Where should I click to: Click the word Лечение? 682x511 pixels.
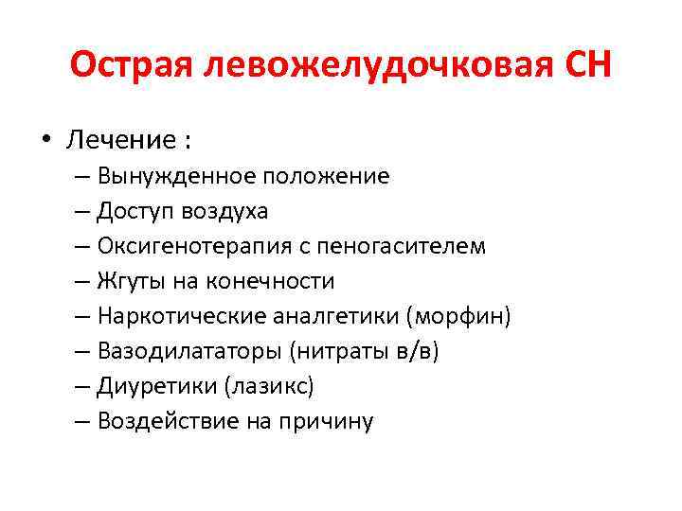118,141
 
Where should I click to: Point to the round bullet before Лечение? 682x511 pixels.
45,141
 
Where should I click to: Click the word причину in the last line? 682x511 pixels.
327,422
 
